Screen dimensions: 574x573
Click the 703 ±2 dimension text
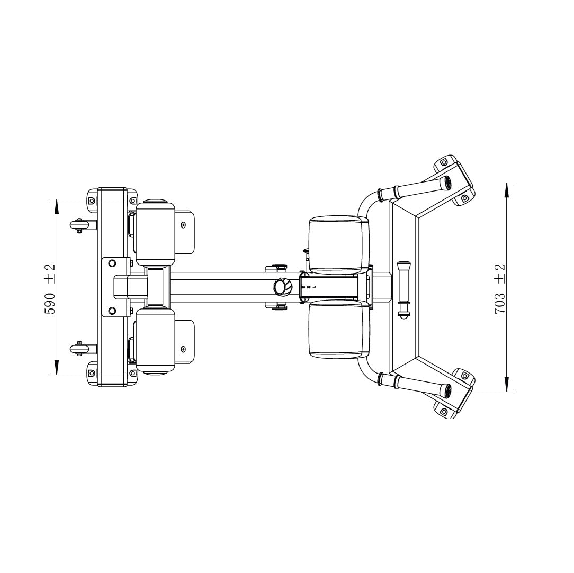click(x=499, y=288)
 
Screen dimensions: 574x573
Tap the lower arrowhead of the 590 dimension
click(x=56, y=367)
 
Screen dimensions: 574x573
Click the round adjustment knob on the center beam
click(x=283, y=286)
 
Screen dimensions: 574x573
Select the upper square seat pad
click(x=338, y=245)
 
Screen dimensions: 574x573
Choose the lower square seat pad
click(x=338, y=329)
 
